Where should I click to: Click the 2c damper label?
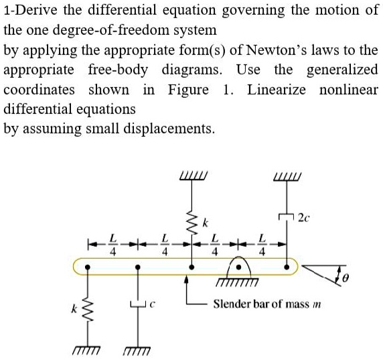point(304,217)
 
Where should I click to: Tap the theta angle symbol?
point(345,278)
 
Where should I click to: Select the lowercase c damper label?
point(153,304)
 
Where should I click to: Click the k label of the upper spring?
point(206,223)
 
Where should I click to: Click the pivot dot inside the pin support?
point(239,267)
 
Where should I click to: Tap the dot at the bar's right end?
point(287,267)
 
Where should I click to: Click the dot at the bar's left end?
point(87,267)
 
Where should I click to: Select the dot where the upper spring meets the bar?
point(192,267)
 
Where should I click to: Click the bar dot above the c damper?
point(138,267)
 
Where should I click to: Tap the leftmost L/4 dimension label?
point(112,245)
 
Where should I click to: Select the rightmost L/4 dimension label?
point(262,245)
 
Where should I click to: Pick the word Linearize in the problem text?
point(277,90)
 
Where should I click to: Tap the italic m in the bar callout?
point(317,305)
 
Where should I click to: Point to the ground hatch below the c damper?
point(137,351)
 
